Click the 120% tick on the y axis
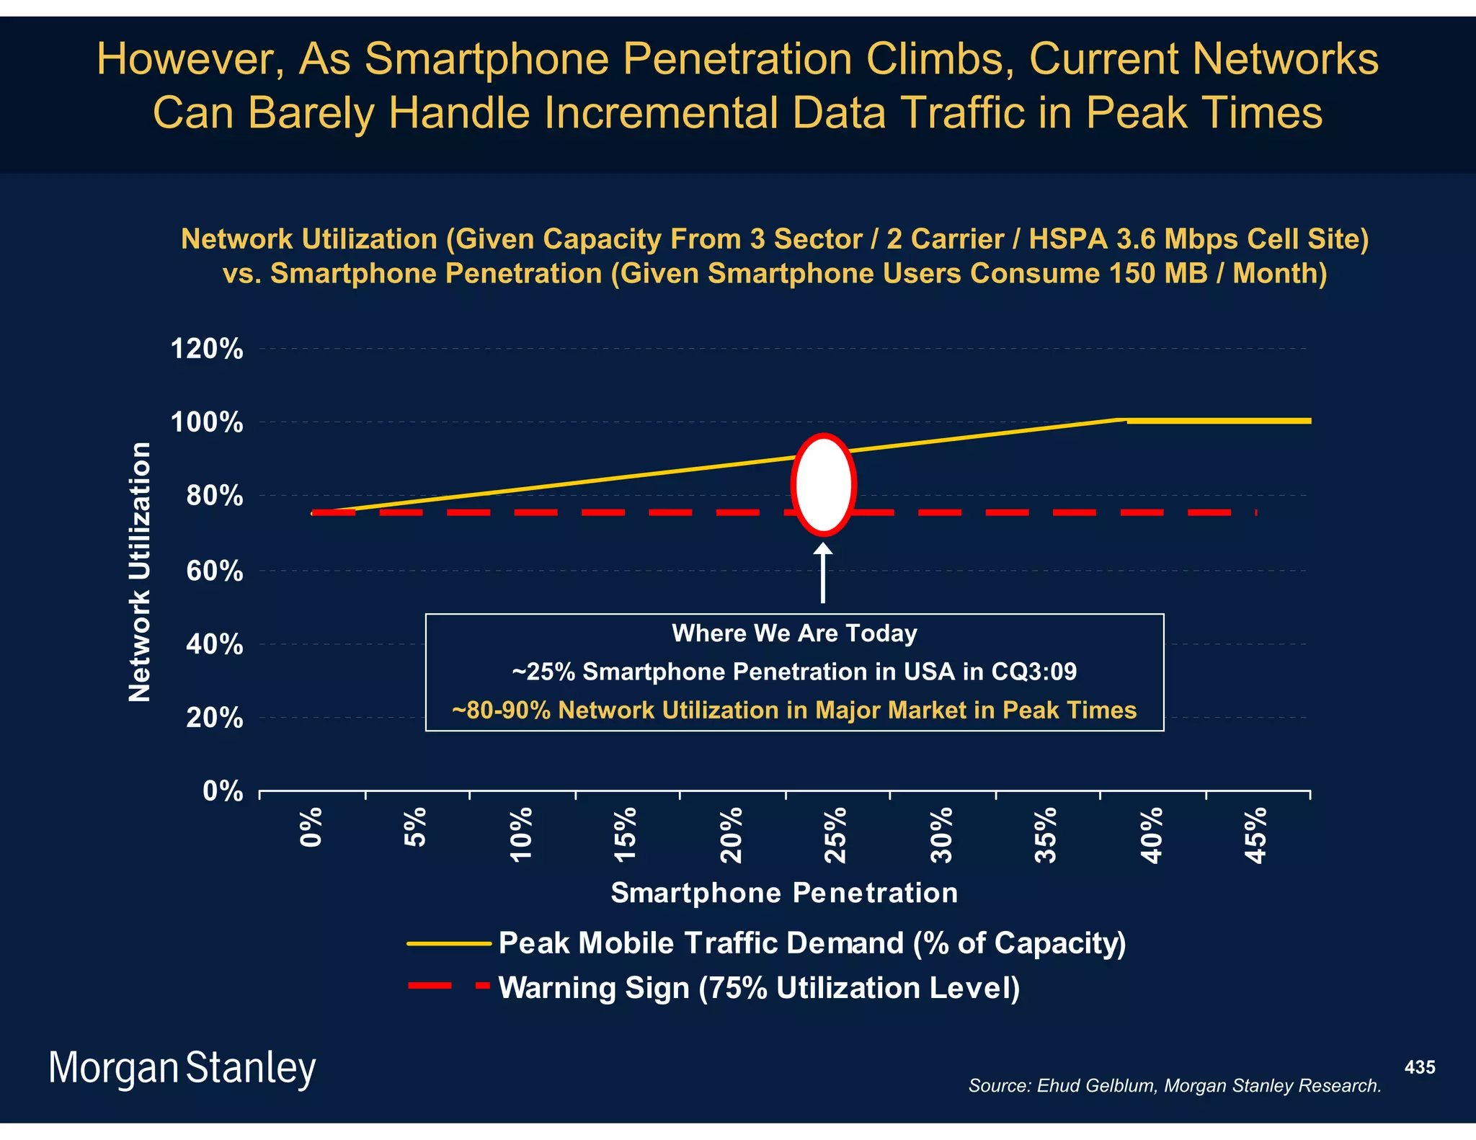click(x=207, y=349)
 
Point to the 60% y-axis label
click(x=214, y=571)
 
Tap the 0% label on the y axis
click(x=222, y=791)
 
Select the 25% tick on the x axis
click(x=836, y=834)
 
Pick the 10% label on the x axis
click(x=521, y=834)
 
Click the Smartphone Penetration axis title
click(x=784, y=893)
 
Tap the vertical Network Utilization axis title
click(x=140, y=571)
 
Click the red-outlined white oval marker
click(x=823, y=485)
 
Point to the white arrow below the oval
click(x=823, y=573)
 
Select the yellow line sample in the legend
click(x=448, y=943)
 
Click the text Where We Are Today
click(x=794, y=633)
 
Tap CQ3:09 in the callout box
click(x=1033, y=672)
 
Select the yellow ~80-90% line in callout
click(x=794, y=711)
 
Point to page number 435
click(x=1419, y=1067)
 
